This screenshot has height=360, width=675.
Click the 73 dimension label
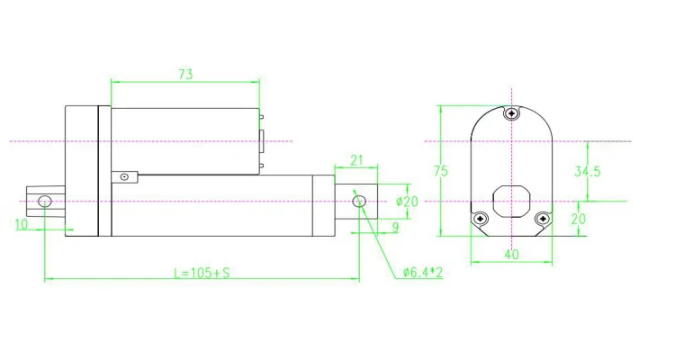[x=185, y=75]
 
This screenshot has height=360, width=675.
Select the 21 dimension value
[x=356, y=160]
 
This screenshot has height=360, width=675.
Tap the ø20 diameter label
[x=407, y=201]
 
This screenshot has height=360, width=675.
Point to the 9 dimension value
[x=396, y=227]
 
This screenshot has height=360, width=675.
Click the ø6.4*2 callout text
[x=423, y=272]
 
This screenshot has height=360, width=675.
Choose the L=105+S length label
[x=202, y=273]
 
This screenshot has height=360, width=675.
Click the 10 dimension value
[x=21, y=224]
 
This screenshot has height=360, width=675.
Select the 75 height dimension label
[x=441, y=171]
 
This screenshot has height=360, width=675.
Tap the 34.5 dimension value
[x=587, y=171]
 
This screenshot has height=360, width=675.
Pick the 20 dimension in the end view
[x=579, y=219]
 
